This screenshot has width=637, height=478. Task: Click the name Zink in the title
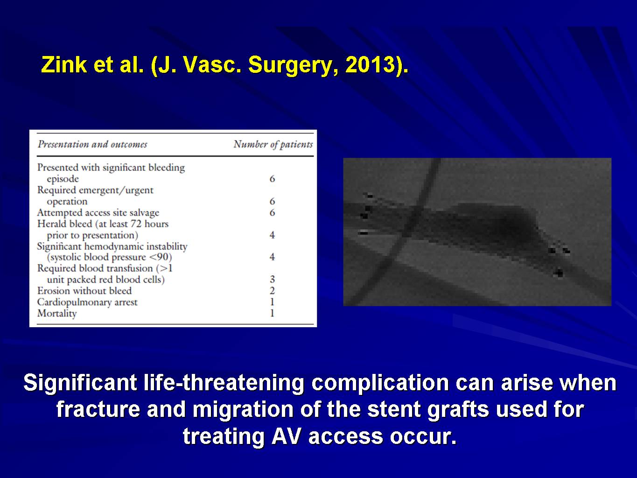pyautogui.click(x=64, y=64)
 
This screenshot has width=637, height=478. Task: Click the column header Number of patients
pyautogui.click(x=273, y=144)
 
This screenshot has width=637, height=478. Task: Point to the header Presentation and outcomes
pyautogui.click(x=92, y=144)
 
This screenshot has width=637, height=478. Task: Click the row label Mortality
pyautogui.click(x=57, y=313)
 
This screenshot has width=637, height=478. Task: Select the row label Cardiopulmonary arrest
pyautogui.click(x=87, y=302)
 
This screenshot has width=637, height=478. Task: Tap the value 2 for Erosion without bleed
pyautogui.click(x=272, y=291)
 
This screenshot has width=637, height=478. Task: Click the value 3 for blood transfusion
pyautogui.click(x=272, y=280)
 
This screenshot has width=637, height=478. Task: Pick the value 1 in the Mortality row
pyautogui.click(x=272, y=313)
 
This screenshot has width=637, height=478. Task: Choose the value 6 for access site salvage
pyautogui.click(x=272, y=213)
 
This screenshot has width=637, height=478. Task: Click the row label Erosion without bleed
pyautogui.click(x=84, y=291)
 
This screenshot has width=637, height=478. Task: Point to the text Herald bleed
pyautogui.click(x=65, y=224)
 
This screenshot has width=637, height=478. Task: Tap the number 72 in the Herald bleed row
pyautogui.click(x=136, y=224)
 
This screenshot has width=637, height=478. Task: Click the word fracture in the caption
pyautogui.click(x=98, y=409)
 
